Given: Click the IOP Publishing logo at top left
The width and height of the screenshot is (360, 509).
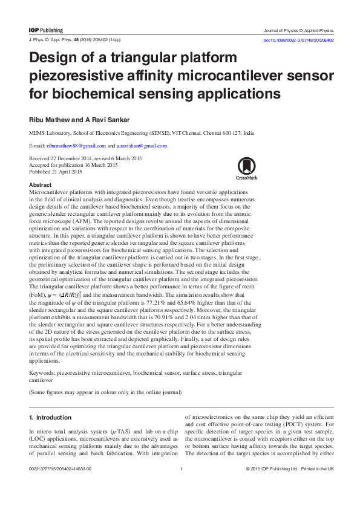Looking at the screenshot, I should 46,30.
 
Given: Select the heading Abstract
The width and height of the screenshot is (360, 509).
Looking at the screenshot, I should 40,184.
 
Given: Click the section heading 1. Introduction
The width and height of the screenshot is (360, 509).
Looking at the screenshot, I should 51,417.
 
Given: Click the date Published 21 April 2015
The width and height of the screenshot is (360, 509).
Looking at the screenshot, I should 56,172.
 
